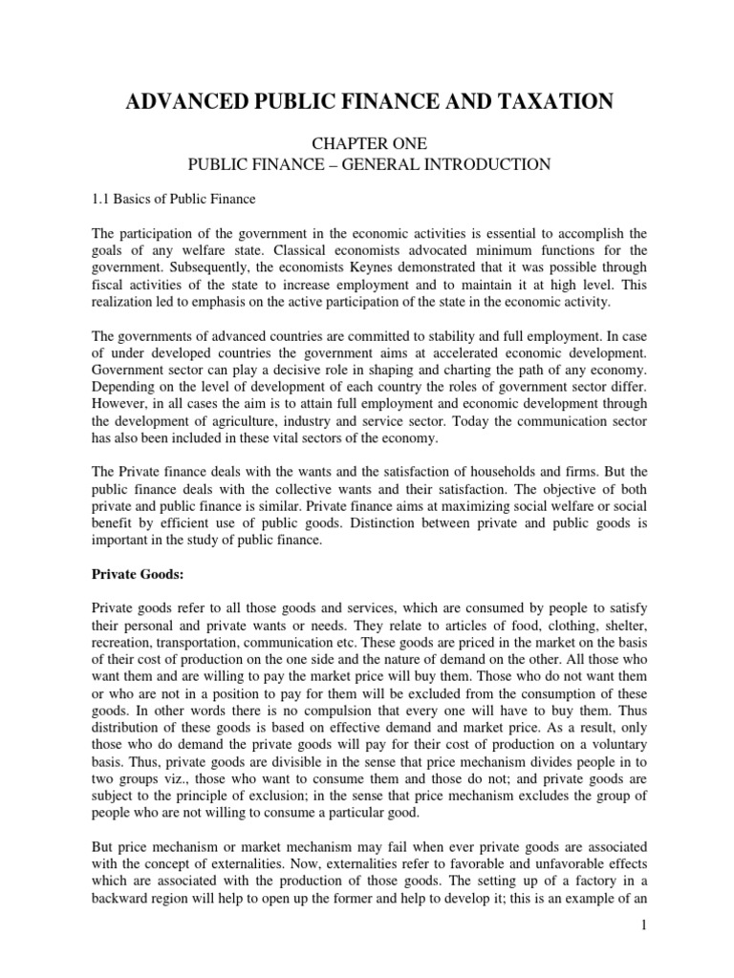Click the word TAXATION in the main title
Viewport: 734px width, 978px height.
(x=542, y=101)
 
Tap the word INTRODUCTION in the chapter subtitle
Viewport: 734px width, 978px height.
(x=482, y=164)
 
